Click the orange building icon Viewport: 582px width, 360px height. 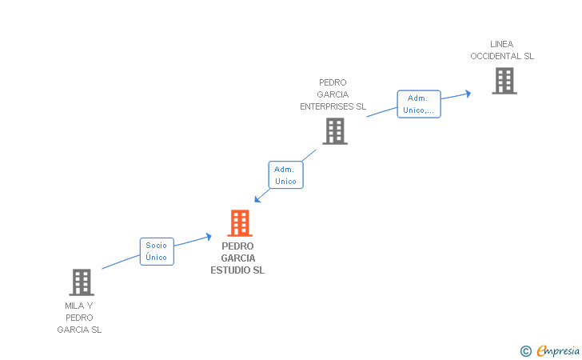[x=239, y=222]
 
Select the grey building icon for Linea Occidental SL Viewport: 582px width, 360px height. [x=504, y=81]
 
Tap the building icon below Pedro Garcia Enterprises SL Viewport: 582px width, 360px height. [x=335, y=131]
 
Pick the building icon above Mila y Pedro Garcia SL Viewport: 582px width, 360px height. [x=81, y=282]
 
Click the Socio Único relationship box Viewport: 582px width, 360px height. [x=157, y=251]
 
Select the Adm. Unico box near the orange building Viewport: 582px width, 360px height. [x=285, y=175]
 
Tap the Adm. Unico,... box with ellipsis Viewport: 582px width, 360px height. [x=419, y=104]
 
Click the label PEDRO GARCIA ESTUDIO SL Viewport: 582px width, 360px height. [x=237, y=258]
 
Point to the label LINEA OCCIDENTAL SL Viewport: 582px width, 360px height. [x=502, y=50]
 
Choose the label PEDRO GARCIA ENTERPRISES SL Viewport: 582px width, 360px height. [x=333, y=94]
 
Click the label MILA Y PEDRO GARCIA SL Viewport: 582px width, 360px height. [x=79, y=318]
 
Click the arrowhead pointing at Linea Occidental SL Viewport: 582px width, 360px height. [x=468, y=93]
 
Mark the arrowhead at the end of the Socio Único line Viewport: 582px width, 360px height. [x=209, y=236]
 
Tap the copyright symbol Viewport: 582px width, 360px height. [x=525, y=350]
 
